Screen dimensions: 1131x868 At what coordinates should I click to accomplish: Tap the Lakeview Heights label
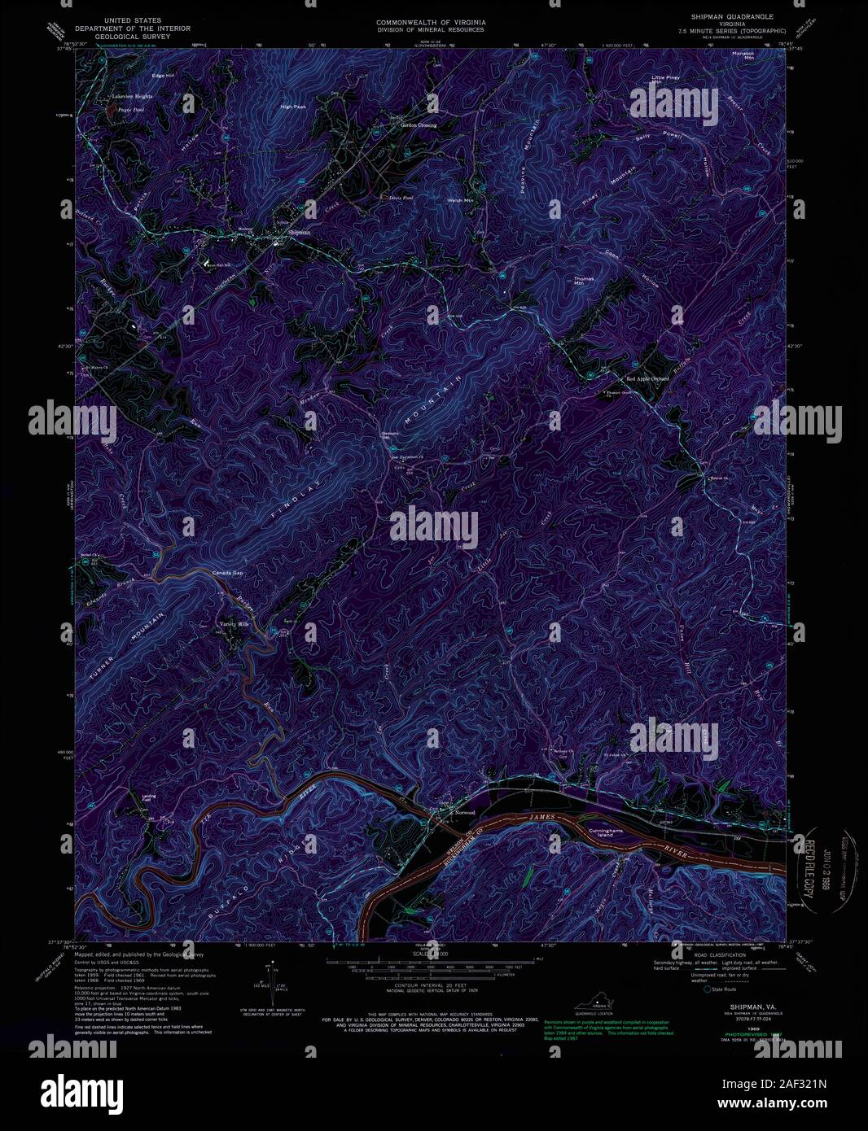click(132, 96)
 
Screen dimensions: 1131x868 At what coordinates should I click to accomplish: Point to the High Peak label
click(292, 107)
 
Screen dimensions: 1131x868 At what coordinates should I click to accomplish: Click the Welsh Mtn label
click(460, 200)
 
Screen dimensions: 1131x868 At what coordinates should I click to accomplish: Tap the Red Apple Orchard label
click(647, 378)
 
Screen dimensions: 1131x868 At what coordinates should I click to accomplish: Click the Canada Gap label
click(228, 573)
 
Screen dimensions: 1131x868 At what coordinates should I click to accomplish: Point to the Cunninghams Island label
click(606, 832)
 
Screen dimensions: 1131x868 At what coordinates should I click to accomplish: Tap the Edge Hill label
click(164, 76)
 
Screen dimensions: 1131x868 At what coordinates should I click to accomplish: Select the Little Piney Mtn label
click(665, 79)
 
